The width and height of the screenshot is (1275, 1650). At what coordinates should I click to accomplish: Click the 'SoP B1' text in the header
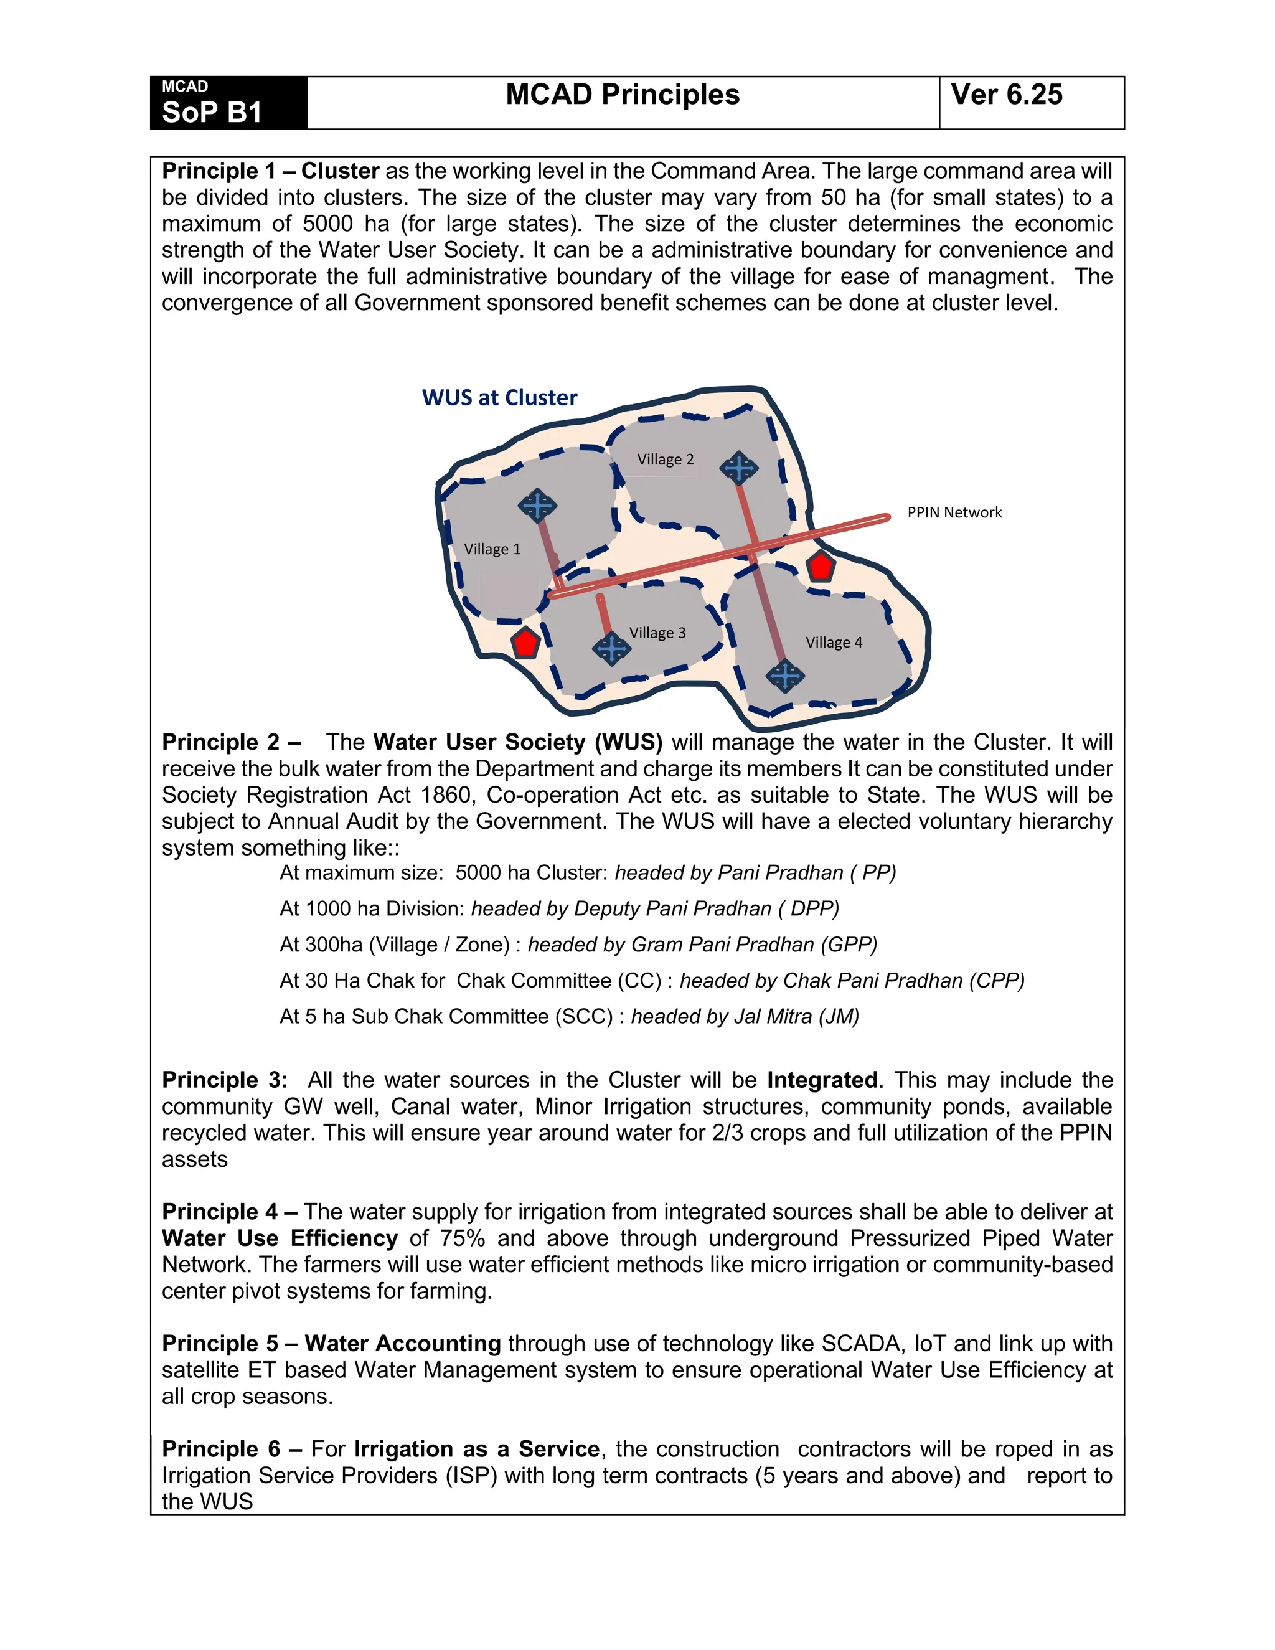pos(212,112)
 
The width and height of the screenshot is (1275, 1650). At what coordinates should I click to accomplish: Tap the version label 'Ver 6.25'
pos(1006,95)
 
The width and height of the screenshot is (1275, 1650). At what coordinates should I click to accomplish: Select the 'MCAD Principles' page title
pos(623,95)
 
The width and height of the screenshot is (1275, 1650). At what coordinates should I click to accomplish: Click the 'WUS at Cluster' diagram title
pos(499,398)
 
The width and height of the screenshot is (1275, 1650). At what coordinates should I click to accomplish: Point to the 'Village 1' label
pos(492,549)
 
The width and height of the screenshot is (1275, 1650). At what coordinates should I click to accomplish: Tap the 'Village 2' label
pos(665,460)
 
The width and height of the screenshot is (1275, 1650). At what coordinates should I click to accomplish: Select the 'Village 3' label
pos(657,633)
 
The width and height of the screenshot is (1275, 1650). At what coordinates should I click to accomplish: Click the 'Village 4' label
pos(833,643)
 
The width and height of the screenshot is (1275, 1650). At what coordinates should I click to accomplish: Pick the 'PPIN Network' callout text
pos(954,513)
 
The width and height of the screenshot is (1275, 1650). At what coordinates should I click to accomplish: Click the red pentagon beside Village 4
pos(821,566)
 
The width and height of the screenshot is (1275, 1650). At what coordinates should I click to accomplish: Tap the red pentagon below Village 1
pos(525,643)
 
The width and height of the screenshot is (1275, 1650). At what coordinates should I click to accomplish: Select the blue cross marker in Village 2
pos(739,468)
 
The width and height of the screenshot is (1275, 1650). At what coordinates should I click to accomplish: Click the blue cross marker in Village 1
pos(538,506)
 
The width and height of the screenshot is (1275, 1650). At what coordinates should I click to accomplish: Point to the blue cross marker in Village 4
pos(785,676)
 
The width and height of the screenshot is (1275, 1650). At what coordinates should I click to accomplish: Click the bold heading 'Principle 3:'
pos(224,1080)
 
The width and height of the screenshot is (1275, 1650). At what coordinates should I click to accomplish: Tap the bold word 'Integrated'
pos(822,1080)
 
